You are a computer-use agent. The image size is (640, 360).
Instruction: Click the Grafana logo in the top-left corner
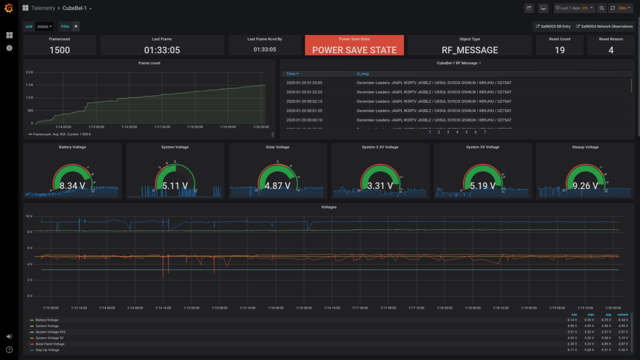[9, 9]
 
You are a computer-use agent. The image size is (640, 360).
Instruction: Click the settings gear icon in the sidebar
[9, 48]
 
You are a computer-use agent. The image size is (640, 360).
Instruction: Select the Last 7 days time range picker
[574, 8]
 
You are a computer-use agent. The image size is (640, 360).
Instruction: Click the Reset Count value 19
[559, 50]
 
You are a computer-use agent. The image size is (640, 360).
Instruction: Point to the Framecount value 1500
[59, 50]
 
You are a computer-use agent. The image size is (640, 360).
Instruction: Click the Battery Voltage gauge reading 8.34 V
[72, 186]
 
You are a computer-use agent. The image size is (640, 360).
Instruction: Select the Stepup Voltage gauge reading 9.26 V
[585, 186]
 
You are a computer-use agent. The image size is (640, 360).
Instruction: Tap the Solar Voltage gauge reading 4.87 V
[277, 186]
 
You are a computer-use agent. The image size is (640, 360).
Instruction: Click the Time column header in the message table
[292, 74]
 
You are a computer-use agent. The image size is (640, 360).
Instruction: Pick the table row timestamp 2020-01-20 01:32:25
[304, 92]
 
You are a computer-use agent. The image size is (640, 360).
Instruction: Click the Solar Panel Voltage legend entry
[50, 344]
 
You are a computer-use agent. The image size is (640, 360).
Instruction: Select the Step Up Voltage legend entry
[47, 350]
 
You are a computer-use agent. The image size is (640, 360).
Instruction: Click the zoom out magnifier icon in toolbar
[602, 8]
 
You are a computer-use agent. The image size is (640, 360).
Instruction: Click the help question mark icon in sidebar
[9, 350]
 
